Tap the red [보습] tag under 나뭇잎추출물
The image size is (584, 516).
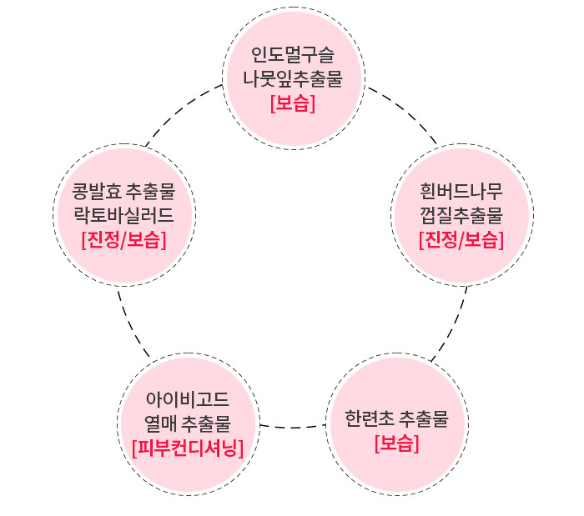[293, 103]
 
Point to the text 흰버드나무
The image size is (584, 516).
[461, 193]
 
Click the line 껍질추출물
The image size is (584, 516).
[461, 217]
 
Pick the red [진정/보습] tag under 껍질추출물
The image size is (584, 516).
[461, 241]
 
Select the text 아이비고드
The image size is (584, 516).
[188, 399]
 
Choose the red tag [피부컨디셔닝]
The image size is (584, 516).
[188, 448]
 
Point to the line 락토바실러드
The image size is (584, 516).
[123, 215]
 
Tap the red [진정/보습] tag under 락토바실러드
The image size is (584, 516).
[123, 240]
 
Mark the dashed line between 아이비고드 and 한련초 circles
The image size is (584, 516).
[292, 427]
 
